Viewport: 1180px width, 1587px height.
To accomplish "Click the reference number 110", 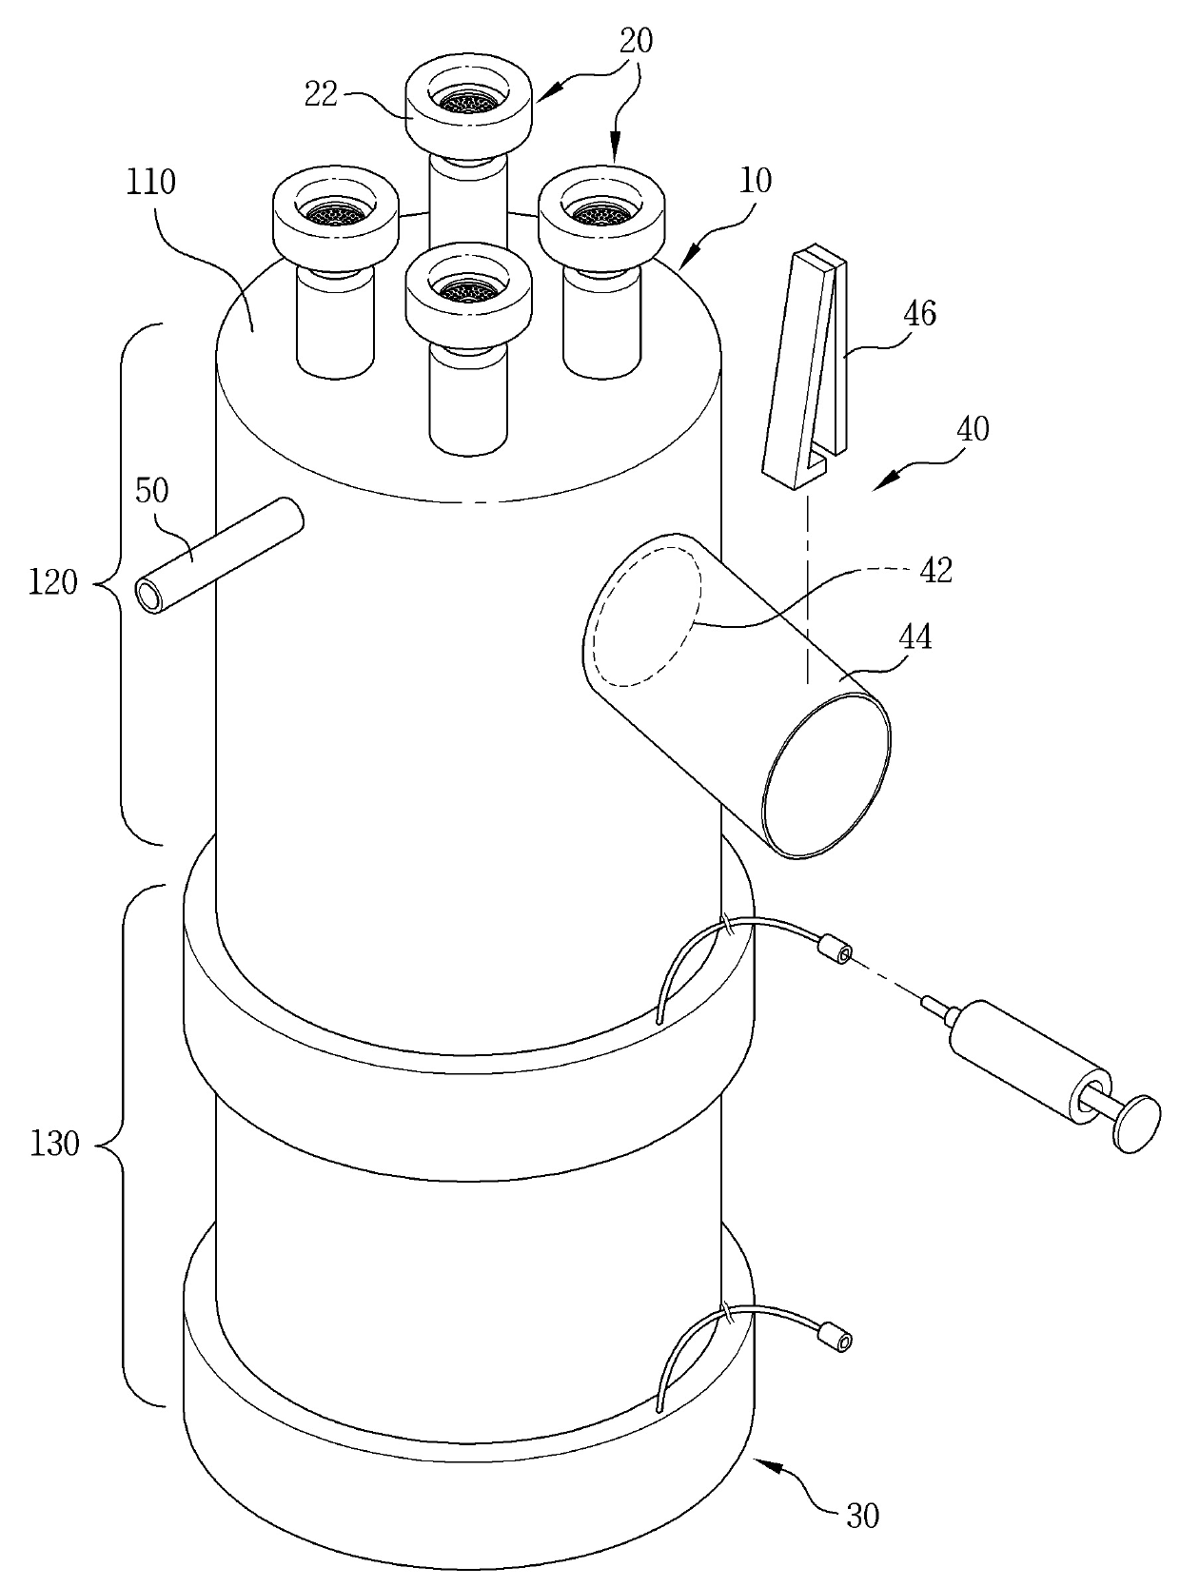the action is [x=151, y=184].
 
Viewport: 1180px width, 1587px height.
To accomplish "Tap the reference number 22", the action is [x=322, y=95].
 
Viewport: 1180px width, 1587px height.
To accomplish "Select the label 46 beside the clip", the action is [x=919, y=314].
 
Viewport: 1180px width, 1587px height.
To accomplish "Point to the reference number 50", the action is [x=151, y=492].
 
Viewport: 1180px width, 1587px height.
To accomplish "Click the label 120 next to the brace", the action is [x=53, y=583].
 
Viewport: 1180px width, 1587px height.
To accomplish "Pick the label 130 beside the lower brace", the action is [x=55, y=1144].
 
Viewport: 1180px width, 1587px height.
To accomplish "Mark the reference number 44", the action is [x=915, y=637].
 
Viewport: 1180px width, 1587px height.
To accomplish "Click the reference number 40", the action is [x=972, y=429].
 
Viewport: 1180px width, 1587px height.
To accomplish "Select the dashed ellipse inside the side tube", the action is [x=646, y=617].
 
